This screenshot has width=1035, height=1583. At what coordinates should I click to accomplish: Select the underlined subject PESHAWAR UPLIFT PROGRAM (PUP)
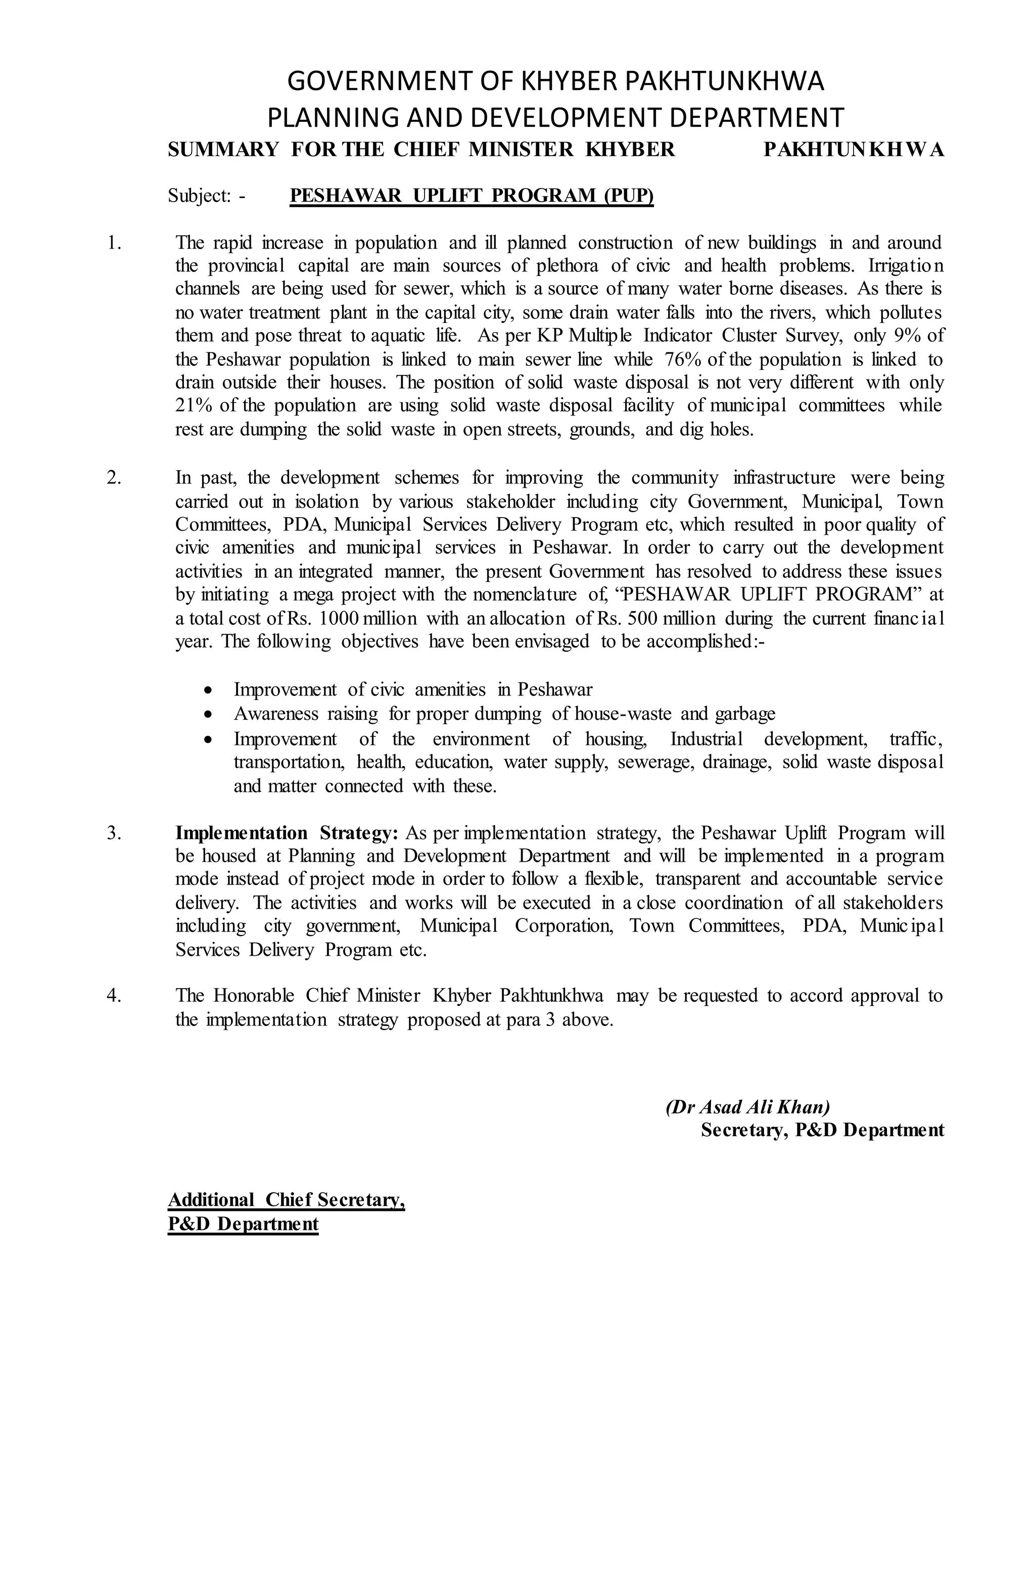point(472,196)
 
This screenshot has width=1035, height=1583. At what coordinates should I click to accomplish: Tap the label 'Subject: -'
point(207,196)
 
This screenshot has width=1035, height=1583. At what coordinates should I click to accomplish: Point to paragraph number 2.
point(114,478)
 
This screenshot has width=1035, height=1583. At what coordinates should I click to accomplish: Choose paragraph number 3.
point(114,833)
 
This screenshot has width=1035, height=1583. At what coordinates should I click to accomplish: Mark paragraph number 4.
point(114,996)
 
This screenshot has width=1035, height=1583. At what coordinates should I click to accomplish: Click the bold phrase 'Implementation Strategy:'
point(287,833)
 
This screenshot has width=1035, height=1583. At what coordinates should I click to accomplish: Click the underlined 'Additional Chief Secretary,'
point(287,1200)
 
